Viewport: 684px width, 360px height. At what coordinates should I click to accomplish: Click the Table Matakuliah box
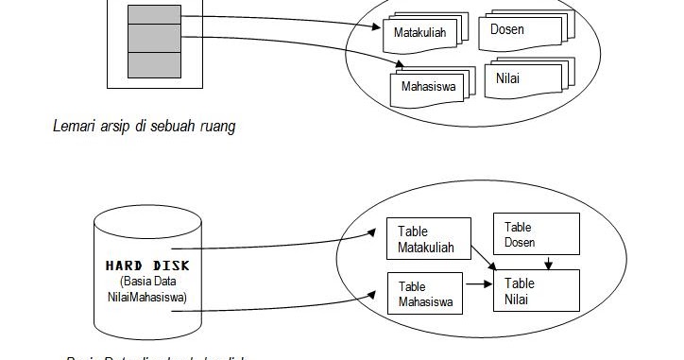click(428, 239)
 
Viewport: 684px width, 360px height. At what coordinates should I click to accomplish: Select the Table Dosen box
click(536, 233)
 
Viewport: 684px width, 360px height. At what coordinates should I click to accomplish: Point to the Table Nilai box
click(536, 290)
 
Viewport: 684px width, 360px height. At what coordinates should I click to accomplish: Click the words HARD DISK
click(147, 265)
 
